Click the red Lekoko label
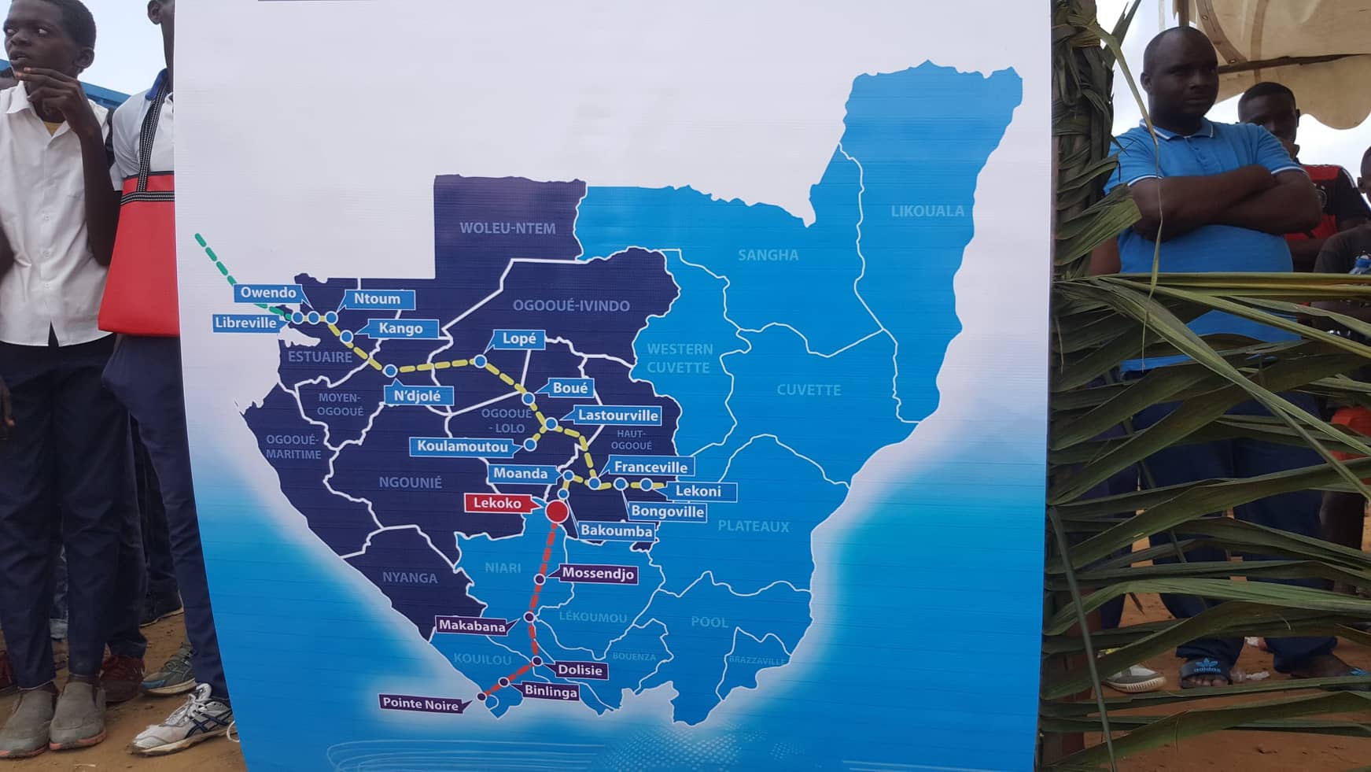498,503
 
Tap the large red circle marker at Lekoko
557,512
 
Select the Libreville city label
246,323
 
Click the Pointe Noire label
420,704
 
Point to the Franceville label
650,467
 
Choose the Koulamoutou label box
463,446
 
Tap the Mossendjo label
598,574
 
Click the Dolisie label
580,670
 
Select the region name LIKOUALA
927,211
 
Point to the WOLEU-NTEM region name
507,228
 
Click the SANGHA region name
768,255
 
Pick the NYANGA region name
410,578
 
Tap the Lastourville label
618,415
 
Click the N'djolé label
417,396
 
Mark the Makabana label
472,626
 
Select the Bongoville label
668,512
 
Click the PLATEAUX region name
753,526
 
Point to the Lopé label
519,339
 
